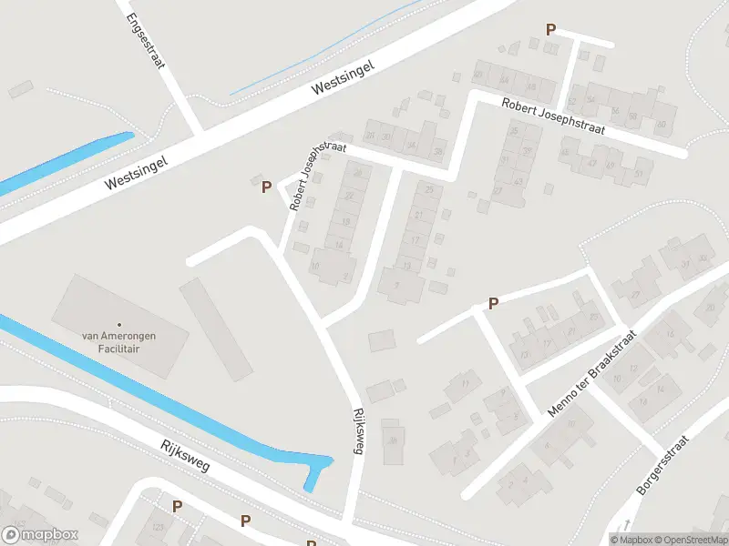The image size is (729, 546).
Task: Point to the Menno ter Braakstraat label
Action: coord(591,375)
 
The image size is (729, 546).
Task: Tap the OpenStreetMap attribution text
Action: coord(689,540)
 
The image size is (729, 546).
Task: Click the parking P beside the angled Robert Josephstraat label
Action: coord(266,187)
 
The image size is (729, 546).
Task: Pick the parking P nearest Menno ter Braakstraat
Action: coord(493,303)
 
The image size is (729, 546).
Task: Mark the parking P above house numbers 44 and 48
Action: coord(550,30)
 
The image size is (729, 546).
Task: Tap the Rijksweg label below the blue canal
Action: coord(185,456)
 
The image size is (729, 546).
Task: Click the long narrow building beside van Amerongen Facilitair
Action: coord(216,329)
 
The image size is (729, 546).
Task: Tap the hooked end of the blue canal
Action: coord(316,471)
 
